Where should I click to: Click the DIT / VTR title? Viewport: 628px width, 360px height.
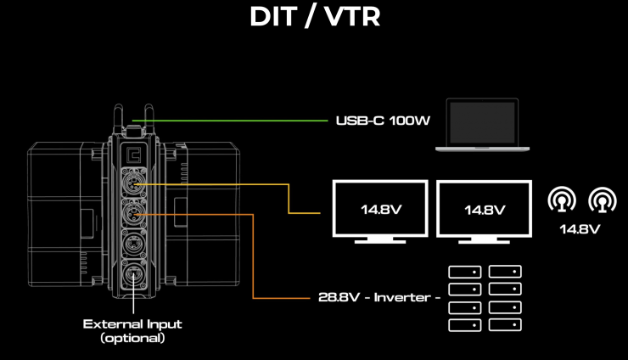[x=314, y=18]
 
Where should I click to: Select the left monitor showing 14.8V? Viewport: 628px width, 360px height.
[x=378, y=210]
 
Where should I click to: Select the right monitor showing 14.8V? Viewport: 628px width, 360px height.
[x=485, y=210]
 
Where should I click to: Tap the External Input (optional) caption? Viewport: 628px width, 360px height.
[x=132, y=330]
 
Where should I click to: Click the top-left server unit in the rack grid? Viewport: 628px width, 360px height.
[x=463, y=272]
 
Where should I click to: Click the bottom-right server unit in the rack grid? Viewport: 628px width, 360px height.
[x=505, y=324]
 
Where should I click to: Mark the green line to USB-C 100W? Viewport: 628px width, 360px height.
[x=229, y=121]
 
